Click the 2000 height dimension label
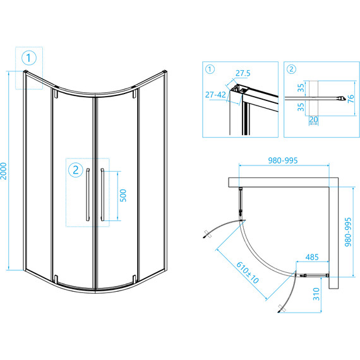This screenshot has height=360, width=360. (4, 171)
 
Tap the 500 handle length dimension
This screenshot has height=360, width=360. (123, 196)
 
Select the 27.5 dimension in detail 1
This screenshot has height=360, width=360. (243, 73)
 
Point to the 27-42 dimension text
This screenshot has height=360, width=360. (215, 95)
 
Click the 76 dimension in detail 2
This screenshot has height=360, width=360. (351, 99)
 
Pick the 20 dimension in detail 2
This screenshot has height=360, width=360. (314, 119)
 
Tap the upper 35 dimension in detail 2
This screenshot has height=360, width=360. (301, 88)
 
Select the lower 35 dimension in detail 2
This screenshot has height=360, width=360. (301, 107)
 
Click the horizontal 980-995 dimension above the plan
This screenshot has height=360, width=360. (283, 160)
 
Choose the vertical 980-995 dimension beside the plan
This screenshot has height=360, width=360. (348, 232)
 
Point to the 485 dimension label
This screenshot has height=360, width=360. (312, 257)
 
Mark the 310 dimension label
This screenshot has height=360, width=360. (316, 294)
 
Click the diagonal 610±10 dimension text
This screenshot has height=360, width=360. (248, 273)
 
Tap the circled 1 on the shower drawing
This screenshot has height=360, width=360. (29, 58)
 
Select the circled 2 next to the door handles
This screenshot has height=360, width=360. (76, 170)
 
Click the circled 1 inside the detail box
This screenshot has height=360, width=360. (210, 69)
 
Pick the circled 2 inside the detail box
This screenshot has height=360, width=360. (291, 69)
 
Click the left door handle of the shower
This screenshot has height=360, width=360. (88, 195)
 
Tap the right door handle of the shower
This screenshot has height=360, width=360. (102, 195)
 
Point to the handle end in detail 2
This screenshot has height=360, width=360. (342, 99)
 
